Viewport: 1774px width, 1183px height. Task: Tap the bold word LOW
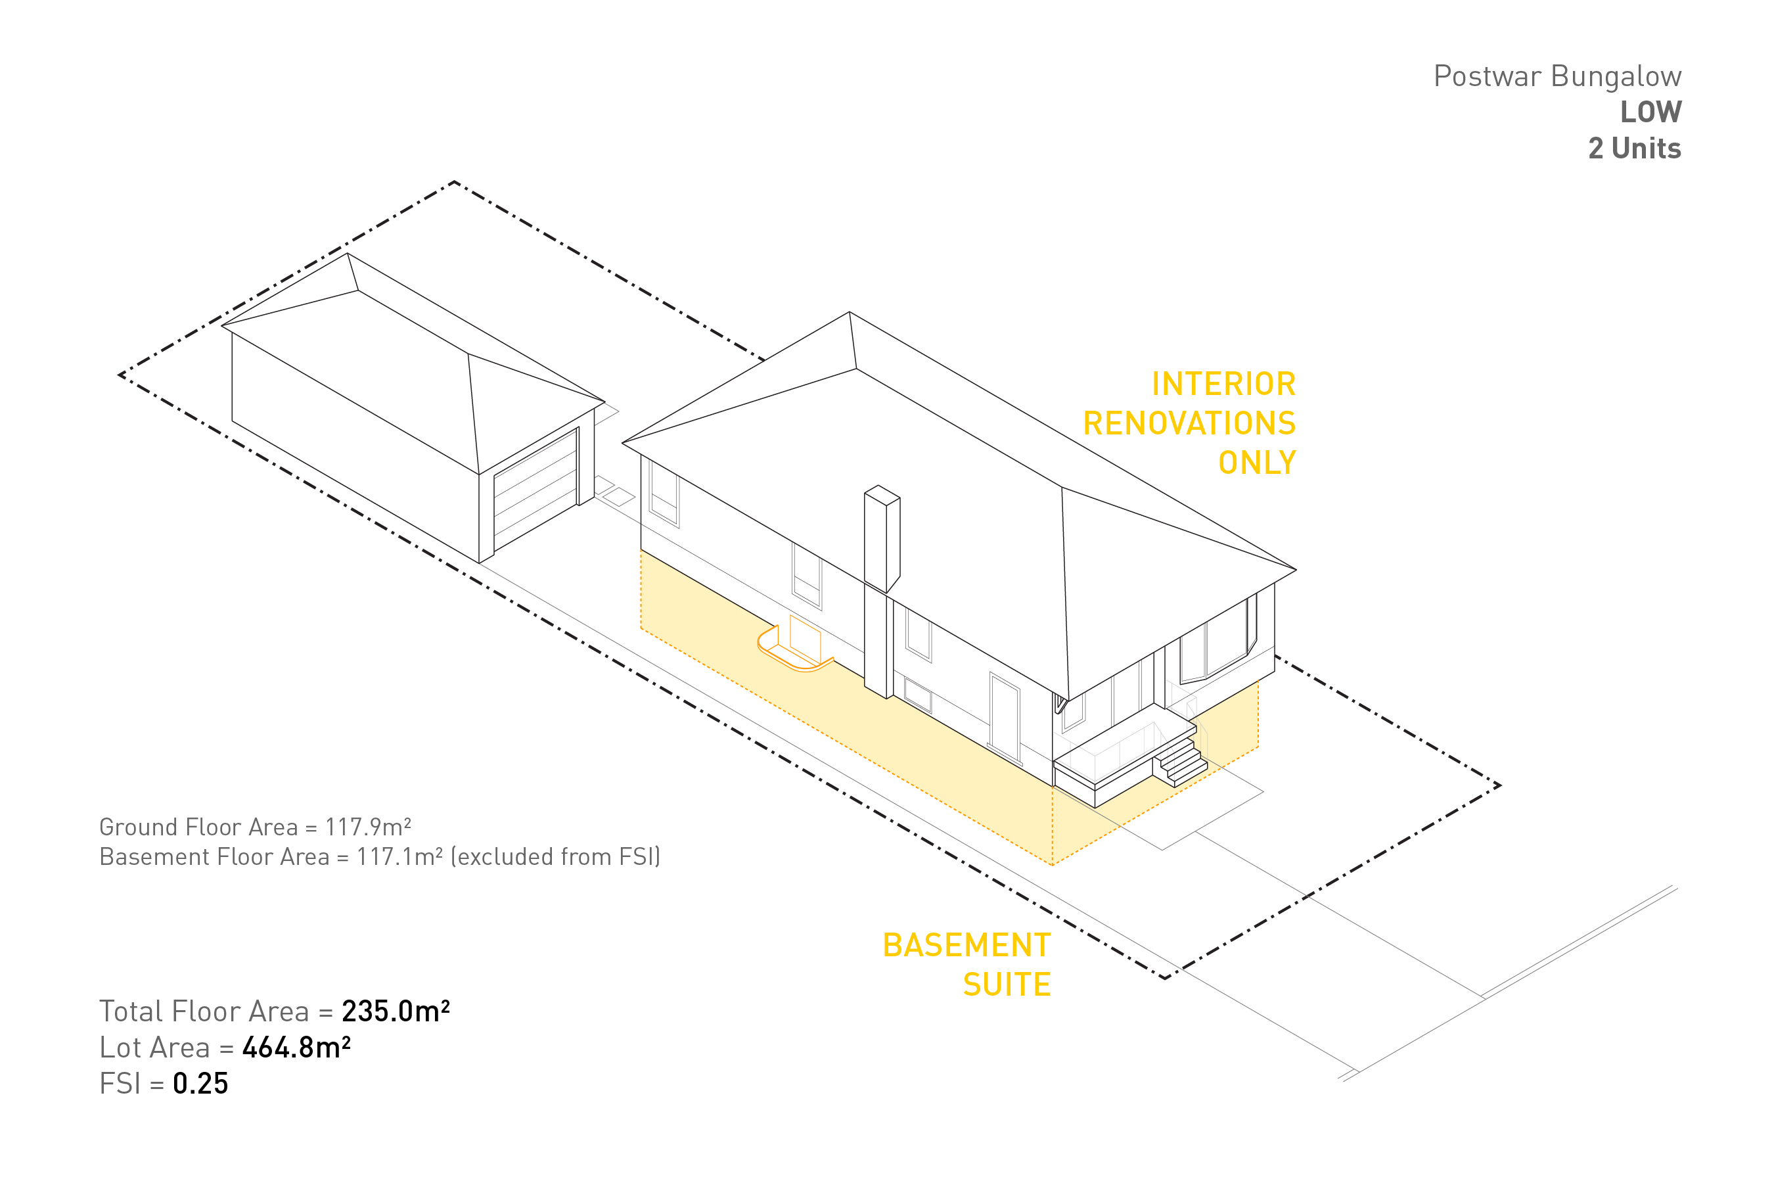coord(1650,112)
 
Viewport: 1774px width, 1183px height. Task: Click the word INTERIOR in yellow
coord(1223,384)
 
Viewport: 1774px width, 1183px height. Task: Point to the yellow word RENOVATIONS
coord(1189,423)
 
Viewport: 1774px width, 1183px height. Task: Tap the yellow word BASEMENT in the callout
coord(967,945)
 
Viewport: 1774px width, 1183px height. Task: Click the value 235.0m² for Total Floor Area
coord(396,1011)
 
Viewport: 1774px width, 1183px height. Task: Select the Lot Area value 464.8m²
coord(296,1047)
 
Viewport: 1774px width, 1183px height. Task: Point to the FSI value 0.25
coord(200,1083)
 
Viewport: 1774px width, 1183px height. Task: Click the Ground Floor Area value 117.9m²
coord(368,827)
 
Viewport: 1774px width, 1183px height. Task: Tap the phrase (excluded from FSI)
coord(555,857)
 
